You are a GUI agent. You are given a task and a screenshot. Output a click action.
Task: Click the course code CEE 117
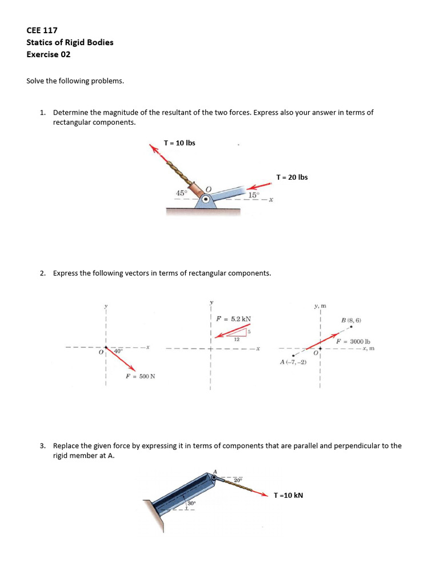coord(42,30)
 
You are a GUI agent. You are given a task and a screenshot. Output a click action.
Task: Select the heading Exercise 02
coord(49,54)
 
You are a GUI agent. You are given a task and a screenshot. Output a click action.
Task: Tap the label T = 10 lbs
coord(179,142)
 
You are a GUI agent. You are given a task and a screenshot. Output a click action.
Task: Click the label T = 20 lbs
coord(292,177)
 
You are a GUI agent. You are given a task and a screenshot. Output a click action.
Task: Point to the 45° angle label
coord(181,193)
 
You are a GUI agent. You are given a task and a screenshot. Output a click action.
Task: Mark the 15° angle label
coord(254,195)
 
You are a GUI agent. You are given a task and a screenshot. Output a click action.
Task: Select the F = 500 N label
coord(141,376)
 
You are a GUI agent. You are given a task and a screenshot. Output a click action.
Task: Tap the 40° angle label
coord(118,351)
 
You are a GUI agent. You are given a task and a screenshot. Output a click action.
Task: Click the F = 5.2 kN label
coord(233,319)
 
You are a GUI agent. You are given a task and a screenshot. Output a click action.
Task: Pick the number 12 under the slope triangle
coord(236,339)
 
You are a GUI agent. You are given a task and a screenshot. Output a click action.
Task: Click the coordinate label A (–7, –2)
coord(293,362)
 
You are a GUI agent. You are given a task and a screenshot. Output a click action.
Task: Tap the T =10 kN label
coord(288,495)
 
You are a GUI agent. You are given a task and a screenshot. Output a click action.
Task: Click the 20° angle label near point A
coord(237,480)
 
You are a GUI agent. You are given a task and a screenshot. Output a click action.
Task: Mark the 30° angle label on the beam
coord(191,504)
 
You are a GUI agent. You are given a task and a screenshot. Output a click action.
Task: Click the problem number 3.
coord(42,445)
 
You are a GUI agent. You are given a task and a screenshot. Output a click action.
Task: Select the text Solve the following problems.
coord(75,81)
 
